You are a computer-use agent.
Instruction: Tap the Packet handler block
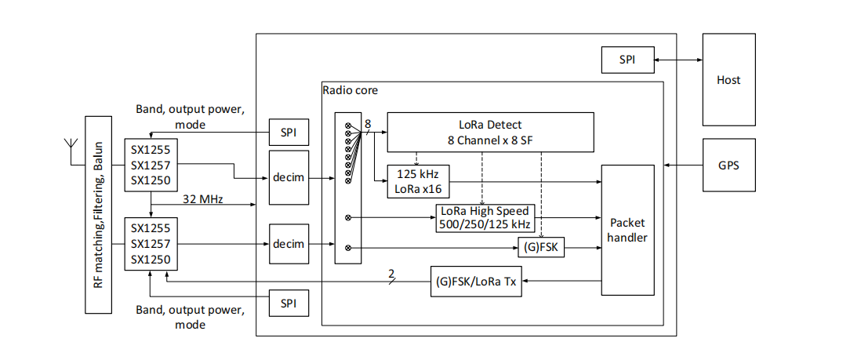click(627, 230)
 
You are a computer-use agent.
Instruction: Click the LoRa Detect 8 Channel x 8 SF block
click(490, 132)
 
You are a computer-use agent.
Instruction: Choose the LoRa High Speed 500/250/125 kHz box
click(485, 218)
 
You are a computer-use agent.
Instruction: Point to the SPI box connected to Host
click(627, 60)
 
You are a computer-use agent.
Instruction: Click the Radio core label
click(350, 90)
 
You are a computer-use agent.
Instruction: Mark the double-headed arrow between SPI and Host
click(678, 60)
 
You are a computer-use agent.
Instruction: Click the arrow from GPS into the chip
click(683, 165)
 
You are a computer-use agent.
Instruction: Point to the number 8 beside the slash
click(368, 123)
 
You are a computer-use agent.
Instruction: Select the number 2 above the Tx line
click(390, 273)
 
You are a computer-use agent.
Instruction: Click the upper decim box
click(289, 178)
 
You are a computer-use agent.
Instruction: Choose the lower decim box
click(289, 244)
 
